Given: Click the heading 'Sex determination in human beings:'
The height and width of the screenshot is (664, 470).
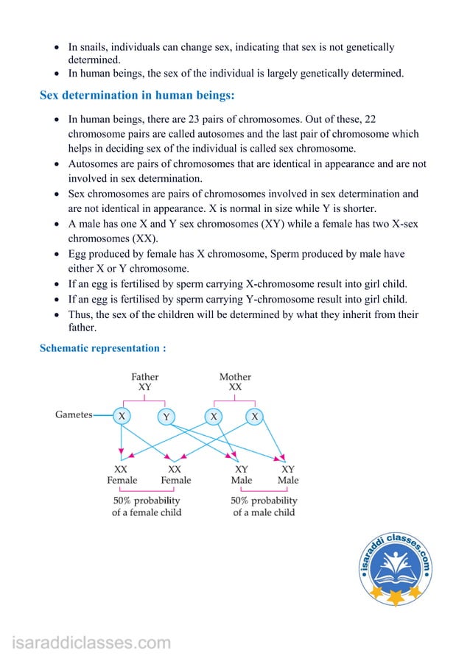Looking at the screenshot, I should [137, 96].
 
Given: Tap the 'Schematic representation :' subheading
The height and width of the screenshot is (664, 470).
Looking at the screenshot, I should [102, 347].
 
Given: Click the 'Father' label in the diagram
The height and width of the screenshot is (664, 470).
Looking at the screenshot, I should [145, 377].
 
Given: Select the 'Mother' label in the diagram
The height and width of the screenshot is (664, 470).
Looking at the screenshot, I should [235, 377].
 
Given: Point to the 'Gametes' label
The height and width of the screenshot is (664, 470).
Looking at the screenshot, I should [74, 415].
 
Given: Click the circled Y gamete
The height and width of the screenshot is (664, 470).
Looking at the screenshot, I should [166, 417].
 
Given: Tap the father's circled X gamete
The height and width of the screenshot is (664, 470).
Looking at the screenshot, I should [121, 416].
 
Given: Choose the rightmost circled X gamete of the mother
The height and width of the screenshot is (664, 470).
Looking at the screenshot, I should [255, 417].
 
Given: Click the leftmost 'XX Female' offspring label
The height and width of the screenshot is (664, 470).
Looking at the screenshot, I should [122, 474].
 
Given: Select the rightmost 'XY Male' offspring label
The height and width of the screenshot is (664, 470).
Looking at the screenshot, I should [288, 474].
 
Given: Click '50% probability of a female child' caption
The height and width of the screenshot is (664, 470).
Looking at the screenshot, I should [147, 506].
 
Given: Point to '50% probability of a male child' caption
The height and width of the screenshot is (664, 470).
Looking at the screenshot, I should [264, 506].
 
